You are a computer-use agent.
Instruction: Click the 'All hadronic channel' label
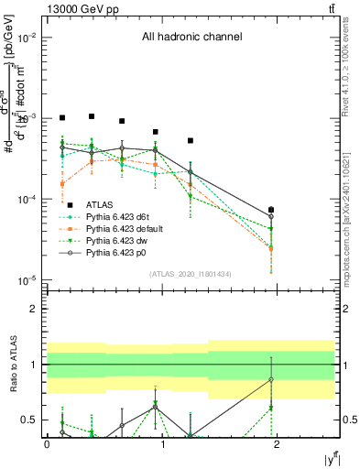191,38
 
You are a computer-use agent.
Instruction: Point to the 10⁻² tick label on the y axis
27,38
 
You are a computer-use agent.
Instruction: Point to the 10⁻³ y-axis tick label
27,118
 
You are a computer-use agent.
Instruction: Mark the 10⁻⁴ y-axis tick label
27,199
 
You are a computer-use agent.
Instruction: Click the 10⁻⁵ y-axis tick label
27,279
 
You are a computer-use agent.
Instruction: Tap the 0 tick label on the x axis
47,443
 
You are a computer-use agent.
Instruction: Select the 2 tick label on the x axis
278,443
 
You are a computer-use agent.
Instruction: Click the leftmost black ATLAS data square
62,118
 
